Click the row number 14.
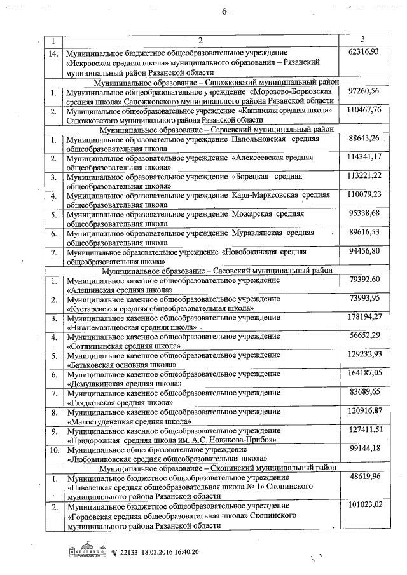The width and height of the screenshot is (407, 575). point(54,51)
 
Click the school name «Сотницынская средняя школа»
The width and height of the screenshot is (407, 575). point(123,346)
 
